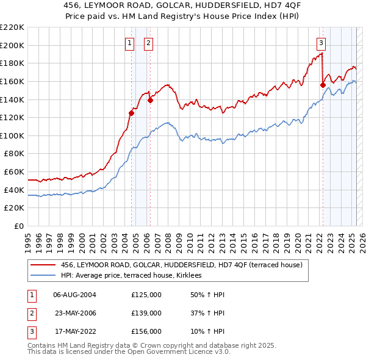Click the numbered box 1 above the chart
[130, 43]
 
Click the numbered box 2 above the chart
[148, 43]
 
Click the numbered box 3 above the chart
[321, 43]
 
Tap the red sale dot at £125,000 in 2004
[131, 113]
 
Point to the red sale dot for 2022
[323, 85]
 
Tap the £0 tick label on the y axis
[18, 226]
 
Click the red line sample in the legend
[43, 265]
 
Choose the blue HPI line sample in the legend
[43, 276]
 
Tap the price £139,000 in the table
[146, 313]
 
